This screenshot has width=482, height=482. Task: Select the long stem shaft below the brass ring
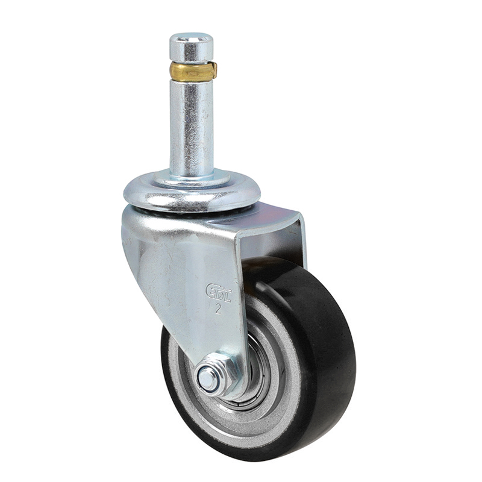point(191,127)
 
